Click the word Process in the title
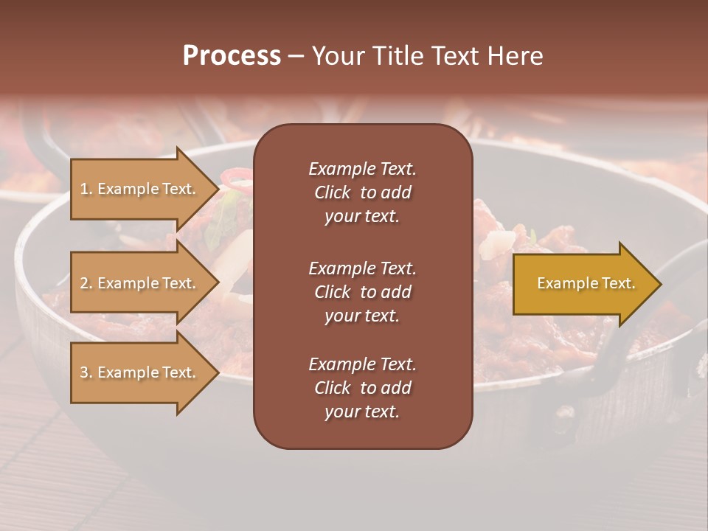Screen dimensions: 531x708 point(232,56)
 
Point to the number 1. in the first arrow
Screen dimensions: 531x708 point(86,189)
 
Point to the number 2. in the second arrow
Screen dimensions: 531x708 point(86,283)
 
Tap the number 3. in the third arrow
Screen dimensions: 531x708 point(86,372)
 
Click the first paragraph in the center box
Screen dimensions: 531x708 point(362,192)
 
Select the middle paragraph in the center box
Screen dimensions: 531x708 point(362,291)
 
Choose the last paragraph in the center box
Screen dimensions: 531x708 point(362,388)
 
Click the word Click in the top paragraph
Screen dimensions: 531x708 point(332,192)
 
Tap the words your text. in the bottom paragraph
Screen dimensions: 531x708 point(362,412)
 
